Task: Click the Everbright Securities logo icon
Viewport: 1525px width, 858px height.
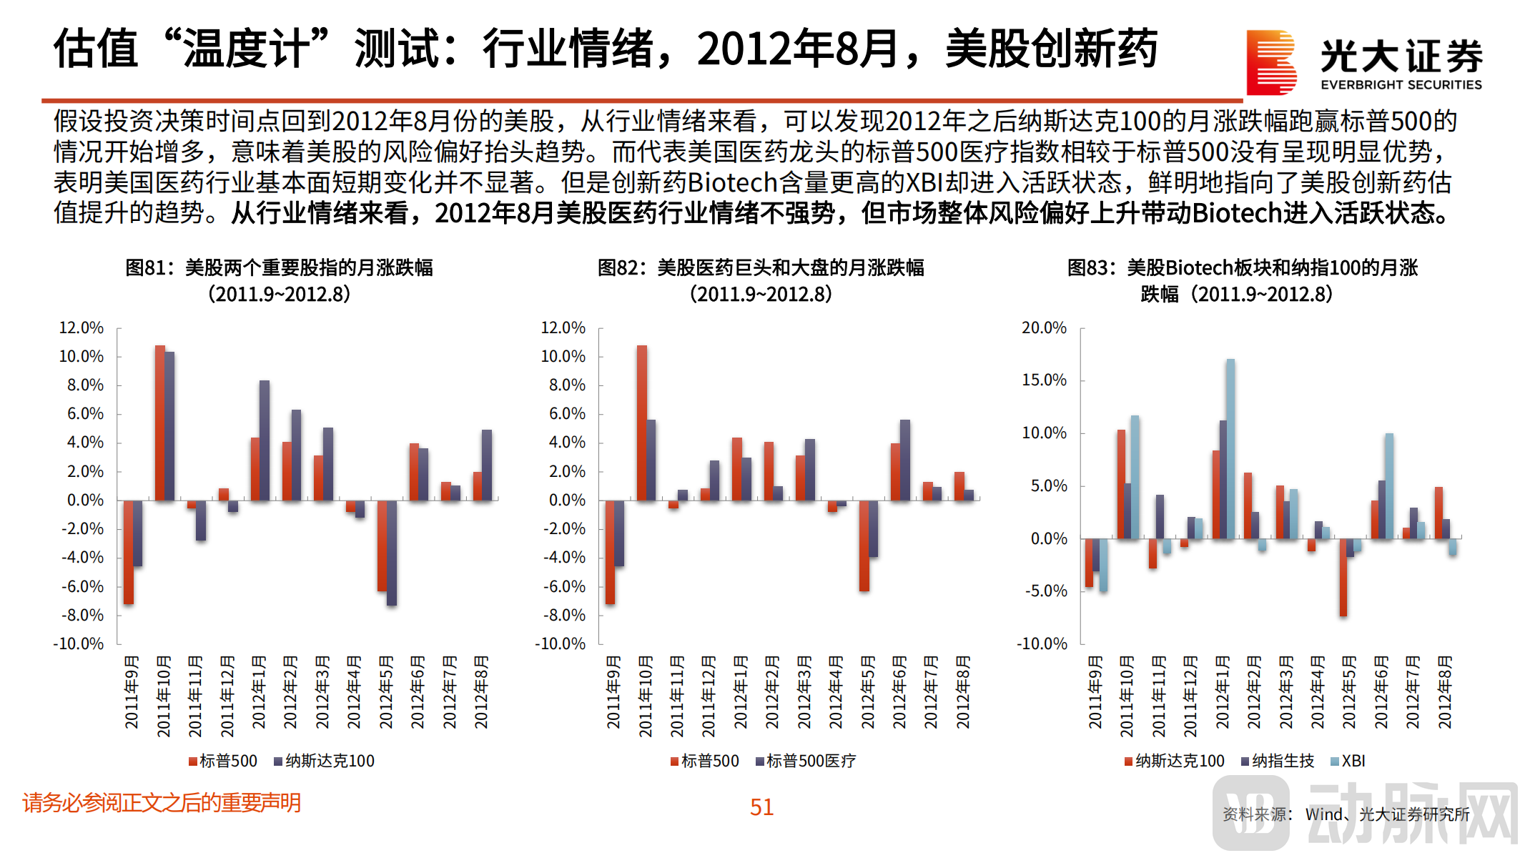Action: tap(1270, 62)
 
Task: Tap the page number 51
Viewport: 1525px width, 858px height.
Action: tap(761, 807)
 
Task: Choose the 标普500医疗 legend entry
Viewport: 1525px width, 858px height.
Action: tap(806, 761)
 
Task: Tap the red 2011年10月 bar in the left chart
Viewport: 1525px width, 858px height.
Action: tap(160, 423)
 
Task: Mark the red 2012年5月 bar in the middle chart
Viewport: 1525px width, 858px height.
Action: tap(864, 546)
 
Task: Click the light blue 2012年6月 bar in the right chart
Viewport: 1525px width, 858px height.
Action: tap(1389, 485)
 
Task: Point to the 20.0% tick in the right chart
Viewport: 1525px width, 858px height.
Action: tap(1044, 328)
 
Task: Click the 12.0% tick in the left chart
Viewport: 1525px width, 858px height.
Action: tap(81, 328)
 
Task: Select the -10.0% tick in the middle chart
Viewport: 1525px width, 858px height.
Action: tap(561, 644)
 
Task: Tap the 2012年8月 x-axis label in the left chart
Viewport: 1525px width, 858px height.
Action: tap(481, 692)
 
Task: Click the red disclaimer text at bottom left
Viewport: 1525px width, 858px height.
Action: tap(162, 803)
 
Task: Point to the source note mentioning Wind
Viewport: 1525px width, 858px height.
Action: tap(1346, 814)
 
